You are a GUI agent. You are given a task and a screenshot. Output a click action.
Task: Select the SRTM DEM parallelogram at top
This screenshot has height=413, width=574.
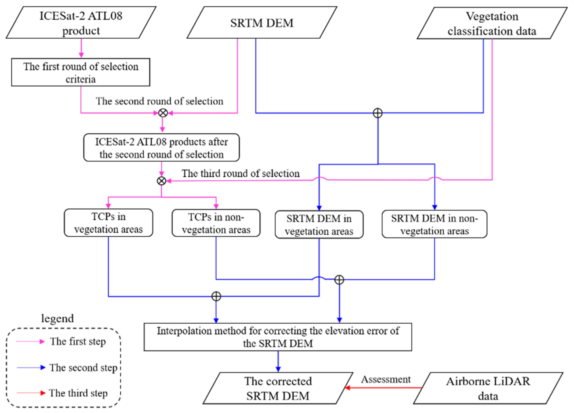pyautogui.click(x=262, y=23)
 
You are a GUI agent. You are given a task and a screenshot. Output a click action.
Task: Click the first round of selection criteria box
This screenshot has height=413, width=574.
pyautogui.click(x=81, y=72)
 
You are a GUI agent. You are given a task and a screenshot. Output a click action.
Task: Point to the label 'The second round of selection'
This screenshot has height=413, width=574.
pyautogui.click(x=159, y=101)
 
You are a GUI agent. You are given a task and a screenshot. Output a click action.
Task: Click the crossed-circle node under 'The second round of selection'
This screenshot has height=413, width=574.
pyautogui.click(x=163, y=113)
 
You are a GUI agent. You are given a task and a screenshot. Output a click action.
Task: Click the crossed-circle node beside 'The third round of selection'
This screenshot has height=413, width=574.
pyautogui.click(x=161, y=181)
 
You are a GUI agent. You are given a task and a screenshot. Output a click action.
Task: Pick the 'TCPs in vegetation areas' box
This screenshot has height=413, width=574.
pyautogui.click(x=108, y=223)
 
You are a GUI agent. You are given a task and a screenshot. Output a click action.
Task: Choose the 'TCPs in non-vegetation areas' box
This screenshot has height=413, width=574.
pyautogui.click(x=216, y=223)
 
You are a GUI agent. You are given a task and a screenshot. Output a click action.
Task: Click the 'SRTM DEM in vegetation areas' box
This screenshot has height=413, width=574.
pyautogui.click(x=319, y=225)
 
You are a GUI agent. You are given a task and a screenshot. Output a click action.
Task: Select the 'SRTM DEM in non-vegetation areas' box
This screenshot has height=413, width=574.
pyautogui.click(x=434, y=224)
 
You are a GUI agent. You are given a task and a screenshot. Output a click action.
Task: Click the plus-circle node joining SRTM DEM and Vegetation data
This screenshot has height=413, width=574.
pyautogui.click(x=378, y=113)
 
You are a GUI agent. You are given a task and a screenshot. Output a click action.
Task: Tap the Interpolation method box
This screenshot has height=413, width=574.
pyautogui.click(x=278, y=337)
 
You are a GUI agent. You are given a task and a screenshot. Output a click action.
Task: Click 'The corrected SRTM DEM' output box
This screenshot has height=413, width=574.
pyautogui.click(x=278, y=388)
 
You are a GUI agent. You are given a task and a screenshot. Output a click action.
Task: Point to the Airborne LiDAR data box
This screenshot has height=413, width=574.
pyautogui.click(x=488, y=388)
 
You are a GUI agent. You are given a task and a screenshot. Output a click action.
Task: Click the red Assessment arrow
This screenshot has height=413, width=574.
pyautogui.click(x=383, y=388)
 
